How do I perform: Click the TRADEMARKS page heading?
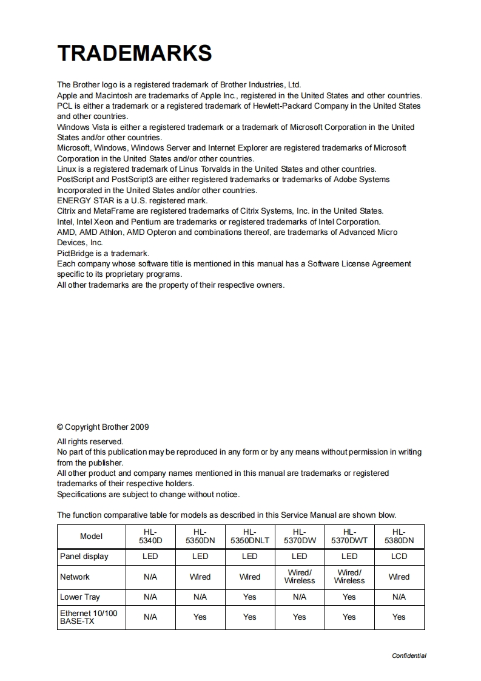point(134,53)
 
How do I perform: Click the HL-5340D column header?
point(150,536)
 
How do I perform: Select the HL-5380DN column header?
point(399,536)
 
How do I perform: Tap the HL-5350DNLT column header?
point(249,536)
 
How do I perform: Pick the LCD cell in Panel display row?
point(399,557)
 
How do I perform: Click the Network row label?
point(75,577)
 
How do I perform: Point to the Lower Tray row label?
point(79,597)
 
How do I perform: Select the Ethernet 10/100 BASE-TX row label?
point(88,617)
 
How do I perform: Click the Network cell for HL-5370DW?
point(300,577)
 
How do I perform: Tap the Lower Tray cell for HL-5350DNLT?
point(249,597)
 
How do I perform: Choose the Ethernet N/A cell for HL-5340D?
point(150,617)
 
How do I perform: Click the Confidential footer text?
point(409,656)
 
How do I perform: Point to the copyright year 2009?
point(140,427)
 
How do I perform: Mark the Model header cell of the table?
point(91,536)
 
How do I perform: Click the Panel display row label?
point(84,557)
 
